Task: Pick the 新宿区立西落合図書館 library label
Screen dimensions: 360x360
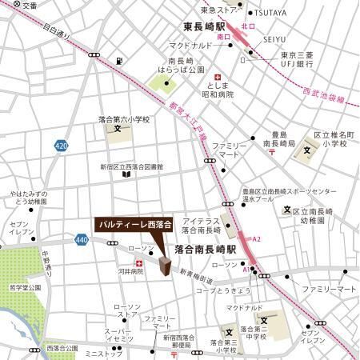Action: [132, 167]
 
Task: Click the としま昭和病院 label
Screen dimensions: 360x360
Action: [218, 89]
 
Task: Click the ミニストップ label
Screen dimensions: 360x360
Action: [102, 353]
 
